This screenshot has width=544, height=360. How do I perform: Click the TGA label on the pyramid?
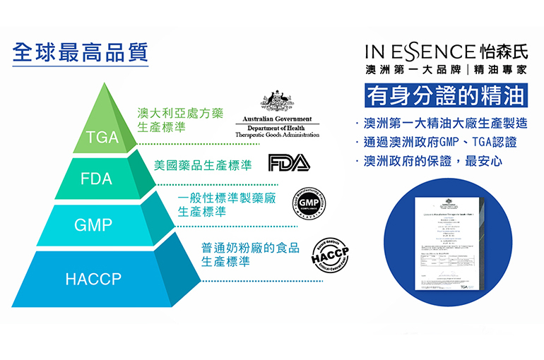click(x=102, y=137)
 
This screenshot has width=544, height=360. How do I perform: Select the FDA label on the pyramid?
click(x=96, y=179)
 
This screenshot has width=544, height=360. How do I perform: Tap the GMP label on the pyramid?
click(x=93, y=225)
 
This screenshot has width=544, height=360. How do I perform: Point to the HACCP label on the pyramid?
click(x=93, y=279)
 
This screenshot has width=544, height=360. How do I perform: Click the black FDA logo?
click(x=289, y=164)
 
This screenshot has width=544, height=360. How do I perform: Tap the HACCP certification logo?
click(x=329, y=258)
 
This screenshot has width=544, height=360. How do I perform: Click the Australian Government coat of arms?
click(x=276, y=103)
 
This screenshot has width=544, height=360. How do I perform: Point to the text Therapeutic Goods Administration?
click(x=276, y=134)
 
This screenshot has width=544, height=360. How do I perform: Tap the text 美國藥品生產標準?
click(x=203, y=166)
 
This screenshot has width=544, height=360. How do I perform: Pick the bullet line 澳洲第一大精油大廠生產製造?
click(x=442, y=123)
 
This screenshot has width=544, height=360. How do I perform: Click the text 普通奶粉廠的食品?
click(x=250, y=248)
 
